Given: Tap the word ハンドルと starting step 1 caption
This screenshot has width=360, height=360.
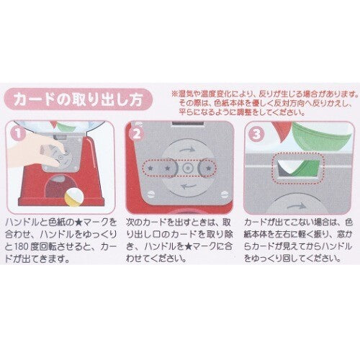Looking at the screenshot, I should tap(25, 225).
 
